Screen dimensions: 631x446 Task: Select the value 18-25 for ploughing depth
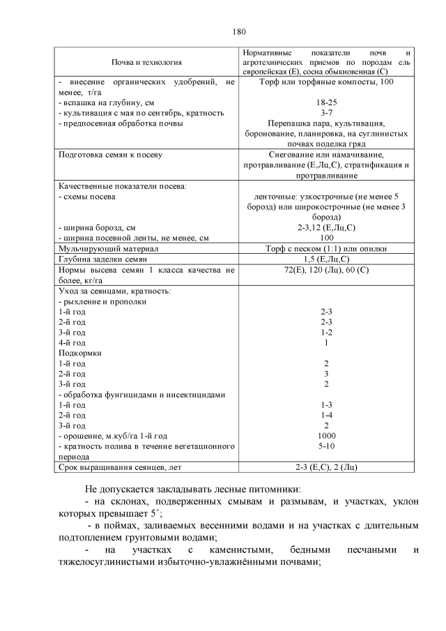325,102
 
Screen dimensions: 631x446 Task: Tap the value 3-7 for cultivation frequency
325,112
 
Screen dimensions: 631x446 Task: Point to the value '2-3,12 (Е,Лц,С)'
325,227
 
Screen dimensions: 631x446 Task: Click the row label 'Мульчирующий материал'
100,248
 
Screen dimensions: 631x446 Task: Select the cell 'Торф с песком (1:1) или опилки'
325,248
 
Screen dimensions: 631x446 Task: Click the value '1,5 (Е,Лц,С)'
325,259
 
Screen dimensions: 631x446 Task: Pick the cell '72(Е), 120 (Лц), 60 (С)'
325,269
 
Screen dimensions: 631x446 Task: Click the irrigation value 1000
325,435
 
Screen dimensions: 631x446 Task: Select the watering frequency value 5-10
325,446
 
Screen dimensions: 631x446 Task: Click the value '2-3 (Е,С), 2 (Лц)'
325,466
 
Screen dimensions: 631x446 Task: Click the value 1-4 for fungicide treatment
325,415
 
